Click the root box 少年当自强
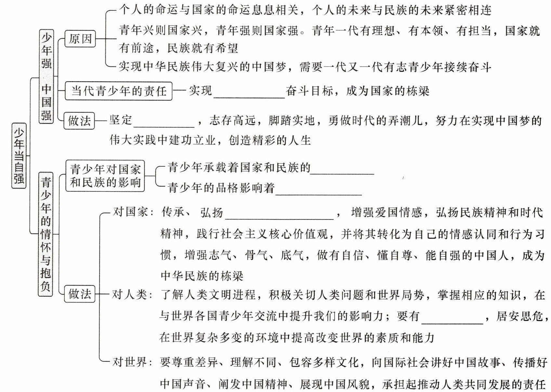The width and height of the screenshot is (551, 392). [x=19, y=156]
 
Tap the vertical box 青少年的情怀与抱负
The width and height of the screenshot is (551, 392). [x=46, y=234]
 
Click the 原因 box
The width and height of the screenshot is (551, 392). [x=80, y=39]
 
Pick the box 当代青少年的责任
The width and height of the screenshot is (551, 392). [x=119, y=91]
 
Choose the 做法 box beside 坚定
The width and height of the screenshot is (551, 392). [x=79, y=121]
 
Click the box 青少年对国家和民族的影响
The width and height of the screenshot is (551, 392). [x=105, y=176]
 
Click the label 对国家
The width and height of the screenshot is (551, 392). [x=130, y=212]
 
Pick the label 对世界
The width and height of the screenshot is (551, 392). [x=130, y=362]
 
